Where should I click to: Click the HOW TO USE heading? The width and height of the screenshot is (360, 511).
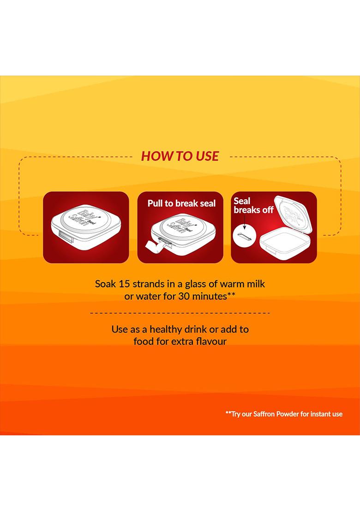pyautogui.click(x=180, y=156)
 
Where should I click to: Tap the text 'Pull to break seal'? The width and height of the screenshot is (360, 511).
pyautogui.click(x=182, y=203)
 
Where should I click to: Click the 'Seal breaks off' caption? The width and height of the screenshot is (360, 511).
pyautogui.click(x=253, y=205)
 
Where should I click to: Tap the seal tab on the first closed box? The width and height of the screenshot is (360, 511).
pyautogui.click(x=66, y=236)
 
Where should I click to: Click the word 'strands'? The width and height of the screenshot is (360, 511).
pyautogui.click(x=148, y=284)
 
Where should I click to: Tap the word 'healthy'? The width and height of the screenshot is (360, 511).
pyautogui.click(x=166, y=329)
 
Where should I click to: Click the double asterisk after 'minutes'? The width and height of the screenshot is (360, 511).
pyautogui.click(x=231, y=295)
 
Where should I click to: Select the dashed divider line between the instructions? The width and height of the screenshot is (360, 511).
pyautogui.click(x=180, y=313)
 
